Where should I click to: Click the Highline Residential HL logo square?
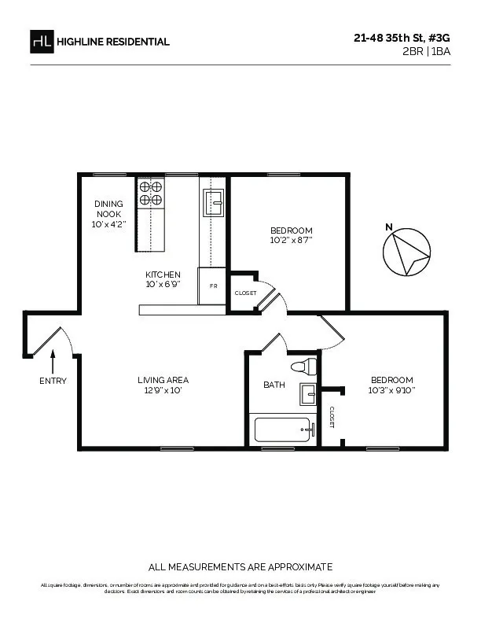[x=42, y=42]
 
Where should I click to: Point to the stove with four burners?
[x=151, y=193]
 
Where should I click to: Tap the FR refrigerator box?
[x=213, y=286]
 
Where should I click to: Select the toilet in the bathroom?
[x=303, y=366]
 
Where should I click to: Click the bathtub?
[x=284, y=430]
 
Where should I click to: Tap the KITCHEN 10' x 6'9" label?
[x=163, y=279]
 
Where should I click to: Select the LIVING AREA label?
[x=163, y=385]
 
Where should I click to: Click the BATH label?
[x=274, y=385]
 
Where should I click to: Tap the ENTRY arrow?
[x=53, y=362]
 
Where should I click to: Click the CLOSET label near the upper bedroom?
[x=245, y=293]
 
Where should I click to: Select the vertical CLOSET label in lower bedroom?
[x=332, y=418]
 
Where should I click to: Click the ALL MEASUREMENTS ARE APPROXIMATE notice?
[x=240, y=567]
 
